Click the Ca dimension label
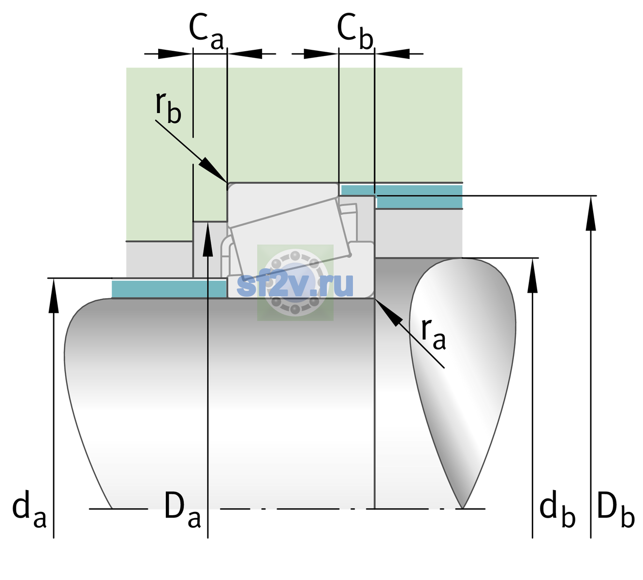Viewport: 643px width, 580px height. pyautogui.click(x=206, y=31)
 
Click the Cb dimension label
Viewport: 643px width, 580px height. pyautogui.click(x=355, y=31)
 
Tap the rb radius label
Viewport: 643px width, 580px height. pyautogui.click(x=168, y=108)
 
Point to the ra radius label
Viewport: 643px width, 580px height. pyautogui.click(x=433, y=333)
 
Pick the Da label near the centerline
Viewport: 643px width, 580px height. pyautogui.click(x=182, y=509)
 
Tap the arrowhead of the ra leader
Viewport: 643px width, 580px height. pyautogui.click(x=376, y=299)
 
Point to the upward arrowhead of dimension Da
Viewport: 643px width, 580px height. pyautogui.click(x=208, y=222)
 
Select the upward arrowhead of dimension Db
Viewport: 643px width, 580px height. pyautogui.click(x=591, y=197)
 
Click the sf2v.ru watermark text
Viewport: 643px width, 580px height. pyautogui.click(x=295, y=285)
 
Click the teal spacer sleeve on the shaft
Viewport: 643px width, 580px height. pyautogui.click(x=169, y=289)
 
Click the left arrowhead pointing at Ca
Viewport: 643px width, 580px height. pyautogui.click(x=175, y=54)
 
